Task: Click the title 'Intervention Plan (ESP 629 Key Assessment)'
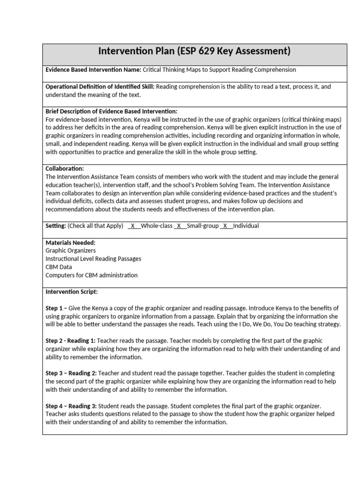[195, 51]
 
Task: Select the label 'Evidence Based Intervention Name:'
[93, 70]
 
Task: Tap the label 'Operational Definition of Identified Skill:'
[100, 87]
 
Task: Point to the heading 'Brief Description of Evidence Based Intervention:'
[111, 112]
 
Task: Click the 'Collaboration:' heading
[65, 168]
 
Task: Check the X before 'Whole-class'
[133, 226]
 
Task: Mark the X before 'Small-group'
[179, 226]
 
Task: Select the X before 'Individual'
[225, 226]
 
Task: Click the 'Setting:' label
[56, 226]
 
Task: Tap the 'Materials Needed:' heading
[70, 243]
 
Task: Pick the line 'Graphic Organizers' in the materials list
[70, 251]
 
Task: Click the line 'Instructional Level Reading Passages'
[93, 259]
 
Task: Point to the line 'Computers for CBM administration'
[91, 275]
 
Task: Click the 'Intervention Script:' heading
[71, 292]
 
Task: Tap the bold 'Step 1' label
[55, 308]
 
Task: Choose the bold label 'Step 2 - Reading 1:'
[70, 341]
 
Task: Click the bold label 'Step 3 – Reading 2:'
[71, 373]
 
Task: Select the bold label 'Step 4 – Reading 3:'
[71, 405]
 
